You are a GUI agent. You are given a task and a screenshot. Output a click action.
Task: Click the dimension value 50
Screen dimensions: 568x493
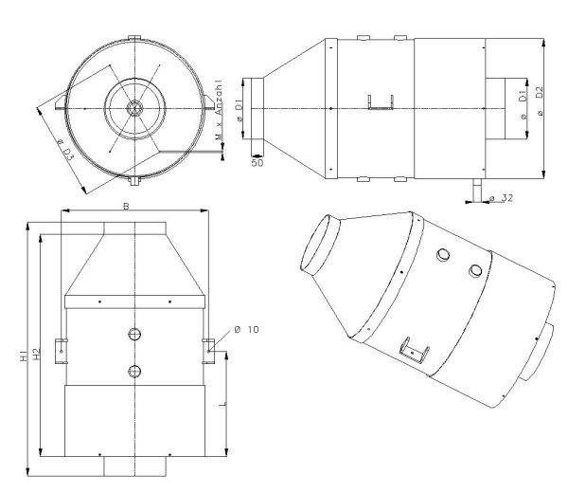tap(257, 163)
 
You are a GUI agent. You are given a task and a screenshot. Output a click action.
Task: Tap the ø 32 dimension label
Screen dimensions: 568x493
tap(501, 198)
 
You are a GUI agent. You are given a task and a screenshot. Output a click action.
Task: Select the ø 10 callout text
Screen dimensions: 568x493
tap(247, 329)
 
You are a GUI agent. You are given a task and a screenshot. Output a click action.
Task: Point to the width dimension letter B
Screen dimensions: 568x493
tap(126, 206)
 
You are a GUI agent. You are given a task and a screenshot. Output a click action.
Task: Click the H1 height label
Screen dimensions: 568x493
tap(24, 356)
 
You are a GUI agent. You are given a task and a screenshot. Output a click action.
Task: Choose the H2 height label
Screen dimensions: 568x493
tap(36, 355)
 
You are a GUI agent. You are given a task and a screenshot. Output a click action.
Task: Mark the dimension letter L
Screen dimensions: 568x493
tap(222, 403)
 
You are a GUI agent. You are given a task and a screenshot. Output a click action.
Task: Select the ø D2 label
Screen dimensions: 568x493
tap(540, 100)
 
